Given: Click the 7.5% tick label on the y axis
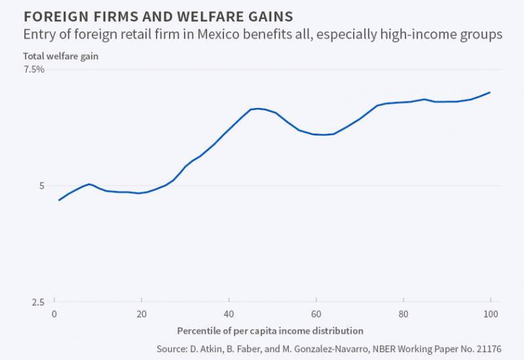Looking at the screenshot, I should [x=34, y=69].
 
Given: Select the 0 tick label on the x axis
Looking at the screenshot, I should [x=54, y=314].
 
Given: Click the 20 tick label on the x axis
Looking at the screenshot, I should [x=141, y=314].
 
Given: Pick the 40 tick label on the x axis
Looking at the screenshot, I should [x=229, y=314].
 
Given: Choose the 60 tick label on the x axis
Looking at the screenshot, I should [x=316, y=314].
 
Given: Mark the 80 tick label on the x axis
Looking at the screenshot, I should [x=403, y=314].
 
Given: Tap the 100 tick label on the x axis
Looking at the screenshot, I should [x=490, y=314].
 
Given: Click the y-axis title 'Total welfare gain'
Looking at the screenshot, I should [x=61, y=56].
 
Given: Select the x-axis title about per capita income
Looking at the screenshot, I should [x=270, y=331].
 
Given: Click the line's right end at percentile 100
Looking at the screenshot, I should [x=490, y=92].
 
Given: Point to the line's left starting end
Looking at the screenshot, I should [x=59, y=200].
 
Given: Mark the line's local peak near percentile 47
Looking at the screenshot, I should [x=258, y=109].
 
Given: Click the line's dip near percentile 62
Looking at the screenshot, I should [x=324, y=135].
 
